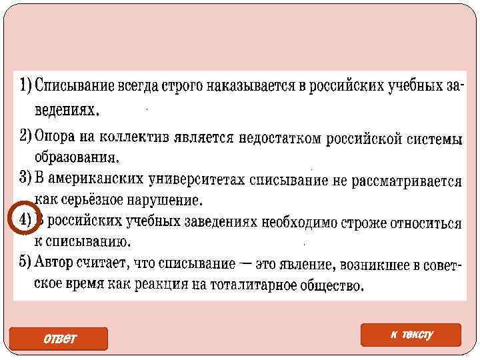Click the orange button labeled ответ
point(59,339)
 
